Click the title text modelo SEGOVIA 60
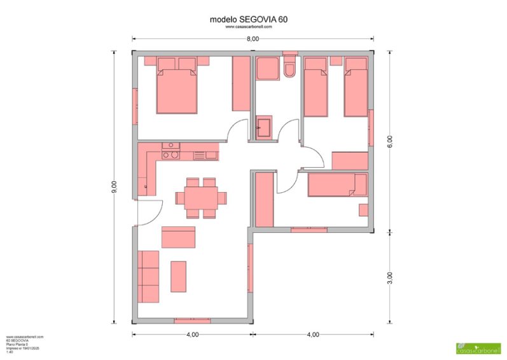[249, 20]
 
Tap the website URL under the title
[249, 27]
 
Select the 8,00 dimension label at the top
[253, 39]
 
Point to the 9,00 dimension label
[114, 186]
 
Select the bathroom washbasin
[264, 127]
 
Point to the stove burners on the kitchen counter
[170, 151]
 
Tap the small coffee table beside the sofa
[178, 276]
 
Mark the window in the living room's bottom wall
[191, 320]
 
